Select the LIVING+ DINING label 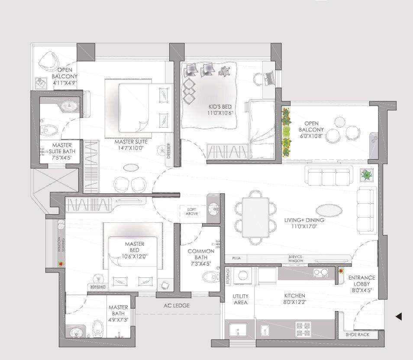[304, 220]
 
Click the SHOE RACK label [357, 334]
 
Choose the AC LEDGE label [176, 305]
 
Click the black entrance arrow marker [399, 317]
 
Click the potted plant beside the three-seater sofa [366, 175]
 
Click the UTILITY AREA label [240, 299]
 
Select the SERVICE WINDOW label [296, 259]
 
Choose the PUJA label [236, 258]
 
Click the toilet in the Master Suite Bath [51, 129]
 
